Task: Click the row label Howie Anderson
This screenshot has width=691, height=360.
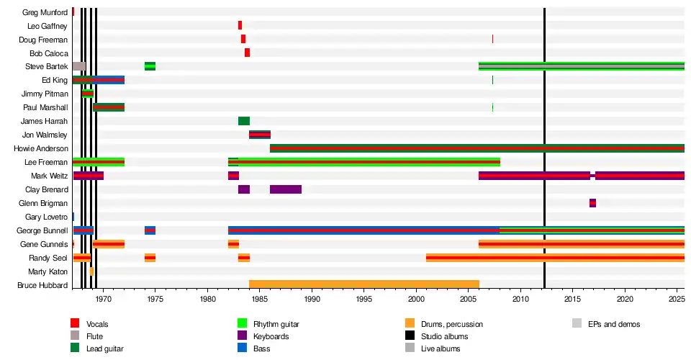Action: (41, 149)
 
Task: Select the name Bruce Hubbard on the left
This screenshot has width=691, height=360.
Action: (42, 286)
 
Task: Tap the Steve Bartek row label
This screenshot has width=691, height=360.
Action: (46, 67)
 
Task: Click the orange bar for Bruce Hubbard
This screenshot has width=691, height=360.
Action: (363, 285)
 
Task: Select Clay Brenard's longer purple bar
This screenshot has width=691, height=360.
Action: (286, 189)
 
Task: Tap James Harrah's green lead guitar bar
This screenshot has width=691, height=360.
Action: (244, 121)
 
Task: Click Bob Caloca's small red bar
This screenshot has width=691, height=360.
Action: (247, 53)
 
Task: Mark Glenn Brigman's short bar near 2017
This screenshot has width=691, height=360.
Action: (592, 203)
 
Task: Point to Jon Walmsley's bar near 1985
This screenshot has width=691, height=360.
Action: (260, 135)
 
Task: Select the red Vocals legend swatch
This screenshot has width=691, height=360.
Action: (75, 324)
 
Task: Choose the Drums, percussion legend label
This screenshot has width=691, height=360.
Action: (452, 324)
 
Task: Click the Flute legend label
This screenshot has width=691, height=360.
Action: (95, 336)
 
